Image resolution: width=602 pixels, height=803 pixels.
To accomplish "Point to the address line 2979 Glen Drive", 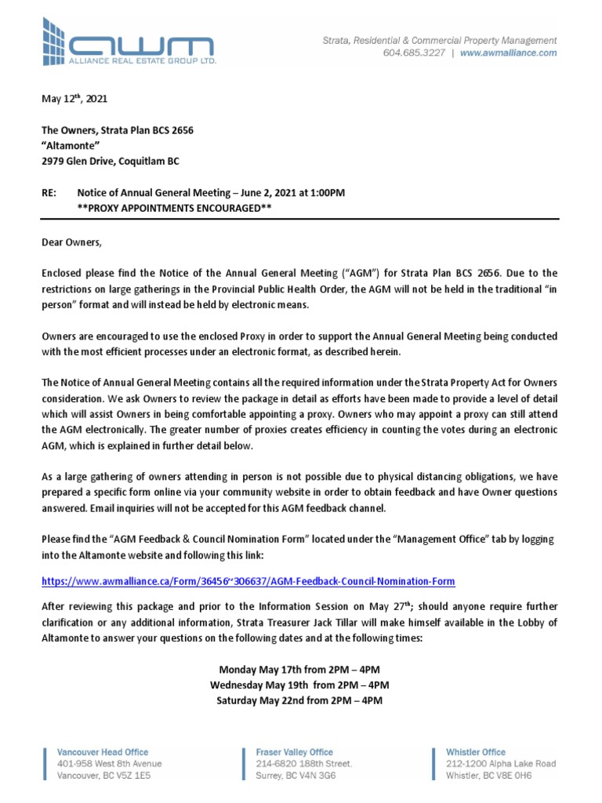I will click(x=110, y=162).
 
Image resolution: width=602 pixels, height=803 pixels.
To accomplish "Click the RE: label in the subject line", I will click(x=50, y=193).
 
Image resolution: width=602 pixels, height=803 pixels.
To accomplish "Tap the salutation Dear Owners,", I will click(x=71, y=242).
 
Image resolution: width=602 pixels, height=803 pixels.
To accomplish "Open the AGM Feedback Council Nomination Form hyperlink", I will click(x=248, y=581).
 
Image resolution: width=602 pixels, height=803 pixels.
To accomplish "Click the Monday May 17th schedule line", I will click(x=300, y=669).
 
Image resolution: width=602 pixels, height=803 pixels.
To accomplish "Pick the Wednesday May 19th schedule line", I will click(x=300, y=685).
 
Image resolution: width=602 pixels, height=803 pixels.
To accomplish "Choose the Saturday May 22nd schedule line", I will click(x=300, y=700).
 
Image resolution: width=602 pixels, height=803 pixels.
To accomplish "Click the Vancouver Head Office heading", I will click(x=103, y=752).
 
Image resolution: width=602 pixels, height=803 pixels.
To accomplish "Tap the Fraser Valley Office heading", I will click(x=295, y=752).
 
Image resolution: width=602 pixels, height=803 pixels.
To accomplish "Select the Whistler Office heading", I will click(x=476, y=752).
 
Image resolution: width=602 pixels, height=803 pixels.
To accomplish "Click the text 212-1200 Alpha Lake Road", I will click(x=501, y=764).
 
